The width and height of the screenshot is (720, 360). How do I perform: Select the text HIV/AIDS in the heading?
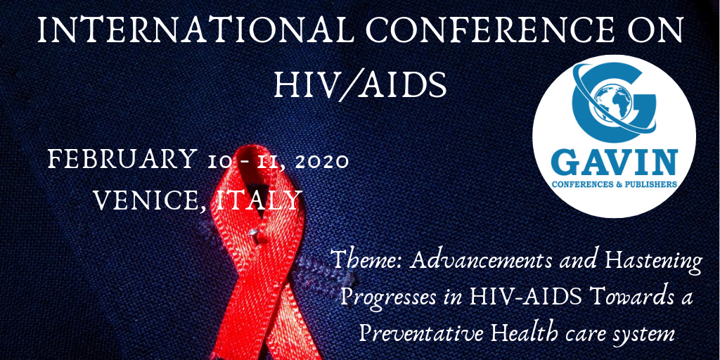coord(360,84)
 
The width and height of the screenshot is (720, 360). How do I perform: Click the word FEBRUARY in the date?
coord(122,160)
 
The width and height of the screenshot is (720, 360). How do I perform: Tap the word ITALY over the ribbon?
coord(259,200)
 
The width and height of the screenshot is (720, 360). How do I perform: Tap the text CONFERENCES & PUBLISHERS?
coord(615,184)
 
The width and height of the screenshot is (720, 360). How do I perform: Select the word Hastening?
coord(653,262)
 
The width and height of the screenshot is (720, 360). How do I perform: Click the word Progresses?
coord(387,297)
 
